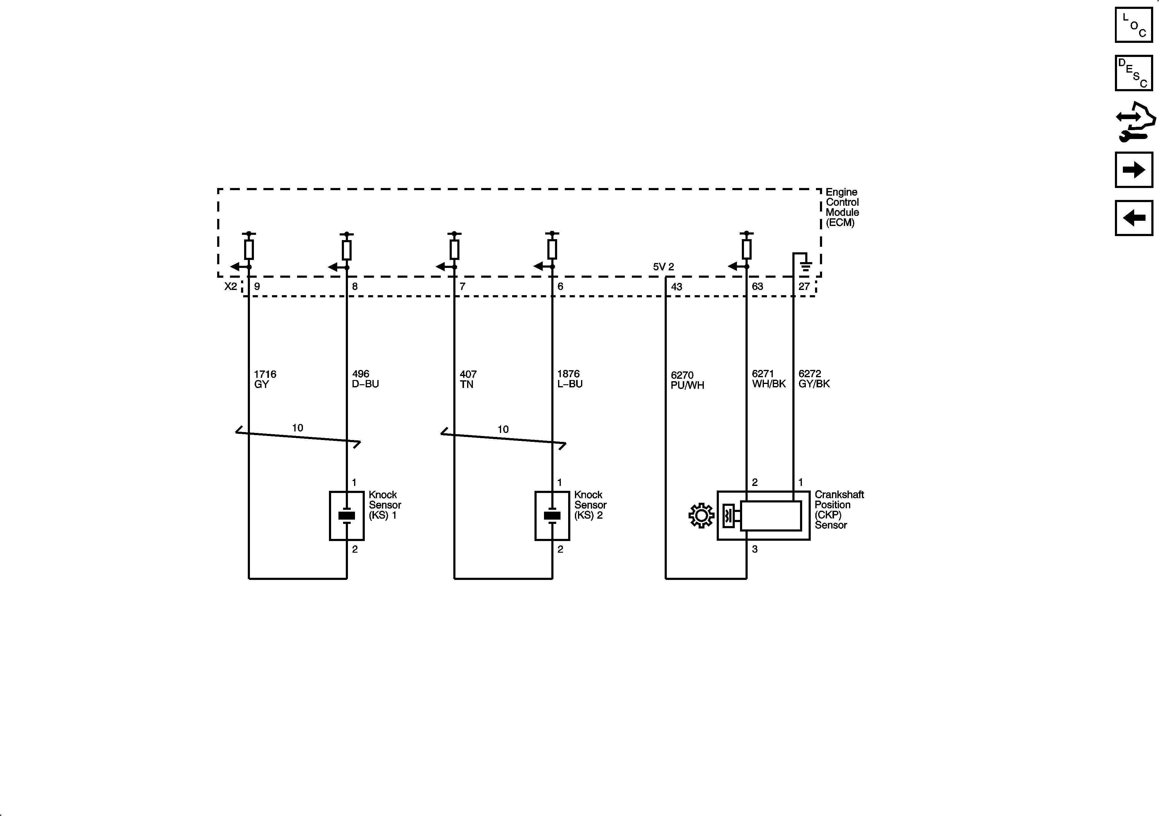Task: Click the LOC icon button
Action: pyautogui.click(x=1134, y=25)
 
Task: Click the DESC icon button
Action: pyautogui.click(x=1134, y=73)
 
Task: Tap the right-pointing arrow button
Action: pyautogui.click(x=1134, y=170)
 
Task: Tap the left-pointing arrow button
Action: pyautogui.click(x=1134, y=218)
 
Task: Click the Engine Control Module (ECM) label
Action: pyautogui.click(x=842, y=207)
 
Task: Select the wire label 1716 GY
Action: pyautogui.click(x=265, y=379)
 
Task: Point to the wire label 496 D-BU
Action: pyautogui.click(x=365, y=379)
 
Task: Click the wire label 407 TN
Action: pyautogui.click(x=468, y=379)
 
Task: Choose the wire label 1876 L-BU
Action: pyautogui.click(x=569, y=379)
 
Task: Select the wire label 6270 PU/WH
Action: pyautogui.click(x=687, y=380)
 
